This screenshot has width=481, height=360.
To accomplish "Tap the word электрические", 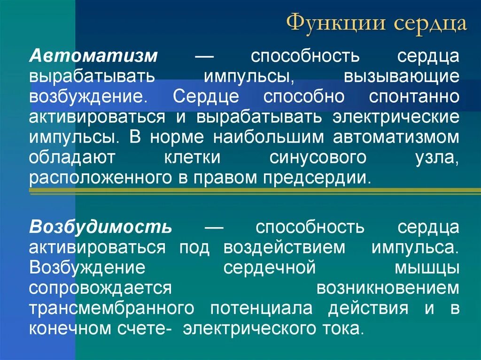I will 396,117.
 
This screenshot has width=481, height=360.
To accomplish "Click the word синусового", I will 318,158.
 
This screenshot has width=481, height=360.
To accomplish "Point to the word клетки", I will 192,158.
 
